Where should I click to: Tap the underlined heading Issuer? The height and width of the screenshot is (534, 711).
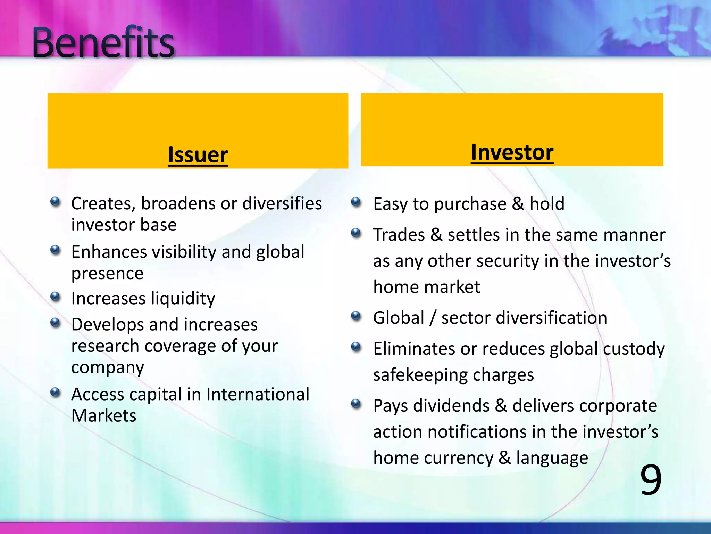[x=198, y=154]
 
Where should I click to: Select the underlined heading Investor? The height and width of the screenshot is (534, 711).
[x=512, y=152]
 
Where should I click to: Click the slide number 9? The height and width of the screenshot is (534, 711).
[x=651, y=480]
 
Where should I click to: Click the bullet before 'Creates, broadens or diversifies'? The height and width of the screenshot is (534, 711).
[x=55, y=202]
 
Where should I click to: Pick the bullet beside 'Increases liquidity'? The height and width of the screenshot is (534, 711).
[x=55, y=297]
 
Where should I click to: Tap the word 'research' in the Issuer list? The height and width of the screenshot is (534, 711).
[x=105, y=346]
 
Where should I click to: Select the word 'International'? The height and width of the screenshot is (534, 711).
[x=258, y=394]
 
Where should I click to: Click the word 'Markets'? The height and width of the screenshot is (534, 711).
[x=104, y=415]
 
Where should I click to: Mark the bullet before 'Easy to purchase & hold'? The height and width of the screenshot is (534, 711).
[x=356, y=202]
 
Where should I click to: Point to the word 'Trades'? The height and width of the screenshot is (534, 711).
[x=399, y=235]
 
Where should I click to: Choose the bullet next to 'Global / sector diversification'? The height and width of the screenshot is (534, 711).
[x=356, y=316]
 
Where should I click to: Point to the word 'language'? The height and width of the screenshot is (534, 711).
[x=552, y=458]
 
